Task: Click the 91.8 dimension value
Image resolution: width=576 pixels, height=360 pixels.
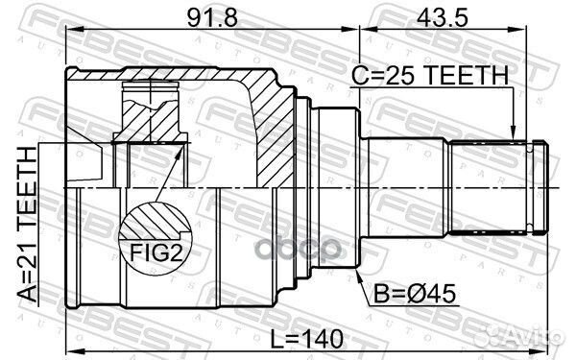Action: tap(212, 17)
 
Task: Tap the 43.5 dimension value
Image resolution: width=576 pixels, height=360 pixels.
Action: tap(443, 17)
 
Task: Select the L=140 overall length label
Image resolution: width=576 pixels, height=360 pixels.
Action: tap(306, 339)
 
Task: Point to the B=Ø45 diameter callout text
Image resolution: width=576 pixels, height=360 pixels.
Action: tap(415, 294)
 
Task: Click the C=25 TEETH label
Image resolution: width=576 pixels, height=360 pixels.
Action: tap(430, 75)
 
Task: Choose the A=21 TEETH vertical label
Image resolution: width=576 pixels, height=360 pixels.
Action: tap(28, 225)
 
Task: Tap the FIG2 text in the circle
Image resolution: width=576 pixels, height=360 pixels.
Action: tap(156, 252)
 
